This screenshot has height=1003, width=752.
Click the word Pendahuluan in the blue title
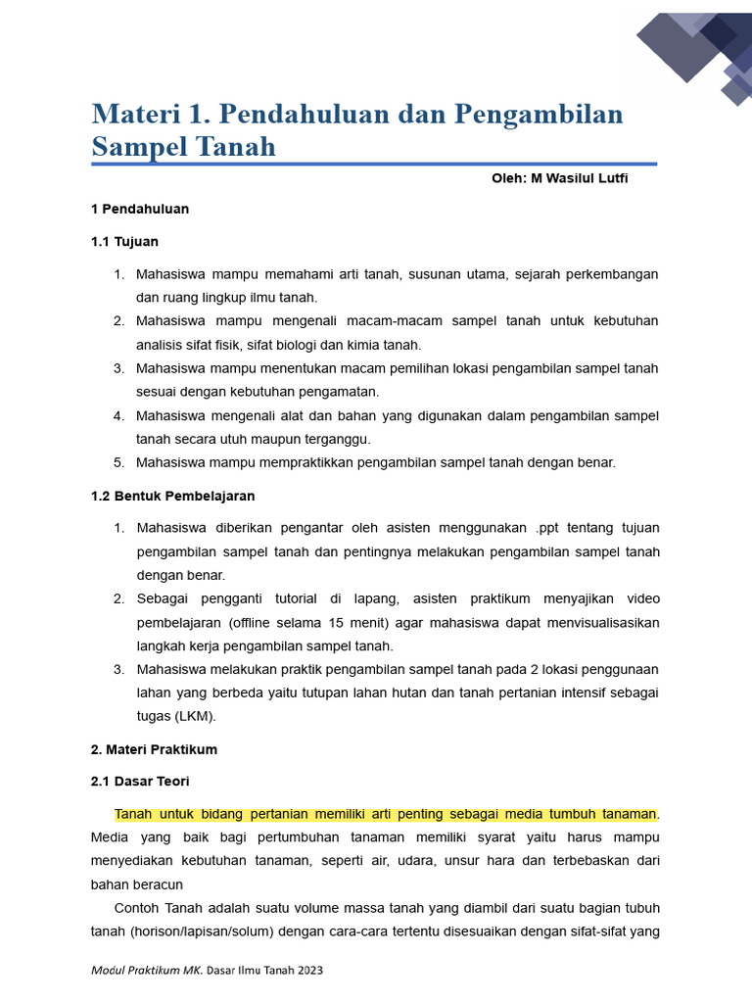(x=305, y=115)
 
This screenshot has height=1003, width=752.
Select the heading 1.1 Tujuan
(x=124, y=241)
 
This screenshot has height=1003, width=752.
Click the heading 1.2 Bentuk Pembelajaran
(x=172, y=497)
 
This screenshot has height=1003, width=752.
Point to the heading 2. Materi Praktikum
(x=154, y=749)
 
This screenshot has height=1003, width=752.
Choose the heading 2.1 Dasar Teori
(x=140, y=782)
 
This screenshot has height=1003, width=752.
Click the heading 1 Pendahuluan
(x=140, y=209)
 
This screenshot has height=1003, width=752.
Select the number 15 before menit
(x=336, y=623)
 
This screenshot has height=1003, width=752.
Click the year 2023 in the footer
(x=307, y=970)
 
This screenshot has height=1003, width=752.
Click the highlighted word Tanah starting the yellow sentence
(x=134, y=814)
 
